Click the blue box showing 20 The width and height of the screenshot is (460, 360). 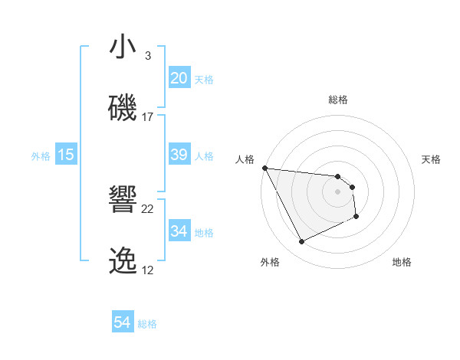pos(179,78)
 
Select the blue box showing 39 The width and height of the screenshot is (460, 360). pos(179,155)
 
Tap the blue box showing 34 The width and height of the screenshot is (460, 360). pos(179,231)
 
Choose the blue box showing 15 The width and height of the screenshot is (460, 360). pos(66,155)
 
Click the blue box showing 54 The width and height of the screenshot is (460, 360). pos(123,322)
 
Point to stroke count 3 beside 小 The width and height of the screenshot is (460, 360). pos(147,56)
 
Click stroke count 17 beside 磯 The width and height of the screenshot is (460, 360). pos(147,117)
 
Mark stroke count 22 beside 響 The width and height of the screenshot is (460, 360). pos(147,209)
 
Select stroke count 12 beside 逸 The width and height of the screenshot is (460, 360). pos(147,270)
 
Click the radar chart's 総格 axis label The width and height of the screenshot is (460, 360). pos(337,100)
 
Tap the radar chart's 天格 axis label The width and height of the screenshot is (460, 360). pos(432,159)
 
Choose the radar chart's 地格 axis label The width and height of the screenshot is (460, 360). pos(402,262)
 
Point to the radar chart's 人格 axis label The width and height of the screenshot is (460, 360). pos(245,159)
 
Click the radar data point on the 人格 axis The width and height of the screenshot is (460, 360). pos(264,168)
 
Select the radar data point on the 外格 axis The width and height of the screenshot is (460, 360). pos(301,242)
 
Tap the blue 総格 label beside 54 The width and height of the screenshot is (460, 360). pos(147,324)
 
